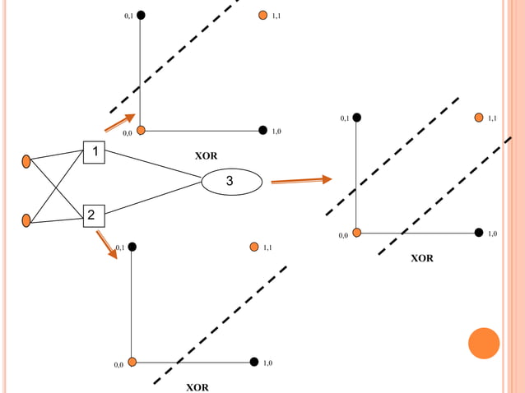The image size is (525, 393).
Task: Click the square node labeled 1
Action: pyautogui.click(x=95, y=152)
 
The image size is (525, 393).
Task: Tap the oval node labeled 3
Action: pyautogui.click(x=231, y=181)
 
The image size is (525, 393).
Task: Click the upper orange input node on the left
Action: pyautogui.click(x=26, y=161)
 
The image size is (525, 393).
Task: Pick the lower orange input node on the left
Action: pyautogui.click(x=26, y=220)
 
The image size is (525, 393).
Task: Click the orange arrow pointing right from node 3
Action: pyautogui.click(x=301, y=180)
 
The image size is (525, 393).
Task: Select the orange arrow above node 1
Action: pyautogui.click(x=119, y=123)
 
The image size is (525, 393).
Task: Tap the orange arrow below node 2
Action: pyautogui.click(x=106, y=244)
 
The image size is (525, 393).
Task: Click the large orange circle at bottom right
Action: pyautogui.click(x=484, y=343)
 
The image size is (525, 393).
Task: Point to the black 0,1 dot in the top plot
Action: pyautogui.click(x=141, y=15)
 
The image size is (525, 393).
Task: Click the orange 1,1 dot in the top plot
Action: pyautogui.click(x=262, y=15)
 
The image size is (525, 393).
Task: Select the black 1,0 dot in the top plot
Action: pyautogui.click(x=262, y=130)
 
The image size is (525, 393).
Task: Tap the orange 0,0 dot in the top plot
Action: pyautogui.click(x=141, y=130)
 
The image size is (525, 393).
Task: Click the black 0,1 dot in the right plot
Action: pyautogui.click(x=356, y=118)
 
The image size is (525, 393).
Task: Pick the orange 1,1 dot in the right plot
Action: pyautogui.click(x=478, y=118)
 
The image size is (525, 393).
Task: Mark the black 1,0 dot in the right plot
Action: pyautogui.click(x=478, y=233)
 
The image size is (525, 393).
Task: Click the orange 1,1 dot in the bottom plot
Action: pyautogui.click(x=253, y=246)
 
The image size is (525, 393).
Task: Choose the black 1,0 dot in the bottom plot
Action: pyautogui.click(x=253, y=362)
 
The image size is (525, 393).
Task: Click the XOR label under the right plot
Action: pyautogui.click(x=422, y=258)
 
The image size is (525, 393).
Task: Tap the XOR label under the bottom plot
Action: pyautogui.click(x=197, y=387)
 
